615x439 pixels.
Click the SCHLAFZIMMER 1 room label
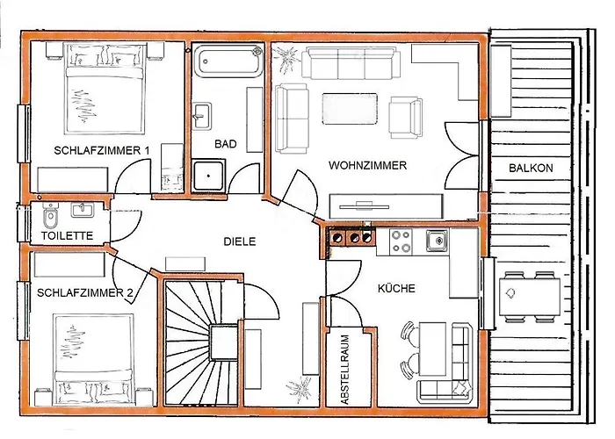click(x=102, y=150)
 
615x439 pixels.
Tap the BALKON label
click(x=531, y=169)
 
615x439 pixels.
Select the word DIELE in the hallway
click(x=240, y=241)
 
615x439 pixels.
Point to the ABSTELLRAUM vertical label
click(x=345, y=370)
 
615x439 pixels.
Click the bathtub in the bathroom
click(x=229, y=61)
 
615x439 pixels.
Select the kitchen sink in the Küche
click(x=437, y=241)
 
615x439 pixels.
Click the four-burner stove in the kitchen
click(x=402, y=241)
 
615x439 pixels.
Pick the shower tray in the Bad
click(x=208, y=176)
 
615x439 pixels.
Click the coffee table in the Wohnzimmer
click(x=350, y=109)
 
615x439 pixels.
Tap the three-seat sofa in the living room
click(x=351, y=63)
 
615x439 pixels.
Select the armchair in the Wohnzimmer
click(x=406, y=117)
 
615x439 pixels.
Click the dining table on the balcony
click(x=530, y=297)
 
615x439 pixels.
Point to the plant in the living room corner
click(x=286, y=59)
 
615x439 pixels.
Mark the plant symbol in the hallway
click(x=300, y=390)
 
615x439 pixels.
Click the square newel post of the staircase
click(x=224, y=342)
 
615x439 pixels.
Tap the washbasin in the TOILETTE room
click(x=83, y=210)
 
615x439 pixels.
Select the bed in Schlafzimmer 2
click(x=93, y=360)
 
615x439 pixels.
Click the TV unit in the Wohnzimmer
click(x=387, y=206)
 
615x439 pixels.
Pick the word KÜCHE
click(x=396, y=289)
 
